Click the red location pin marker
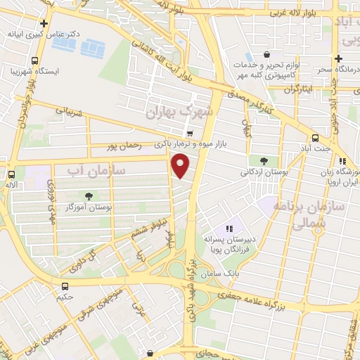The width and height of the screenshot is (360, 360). (x=181, y=167)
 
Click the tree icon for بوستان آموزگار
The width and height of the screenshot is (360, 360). (x=88, y=196)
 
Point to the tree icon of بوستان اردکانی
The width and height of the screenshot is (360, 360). (x=264, y=161)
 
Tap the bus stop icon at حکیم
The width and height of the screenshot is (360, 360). (x=65, y=285)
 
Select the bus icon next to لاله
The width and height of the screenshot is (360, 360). (x=11, y=174)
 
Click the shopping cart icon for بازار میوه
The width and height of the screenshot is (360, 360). (x=190, y=133)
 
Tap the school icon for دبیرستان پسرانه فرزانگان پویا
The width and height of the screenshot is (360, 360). (x=229, y=229)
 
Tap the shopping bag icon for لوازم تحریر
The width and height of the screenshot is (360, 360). (x=266, y=54)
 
